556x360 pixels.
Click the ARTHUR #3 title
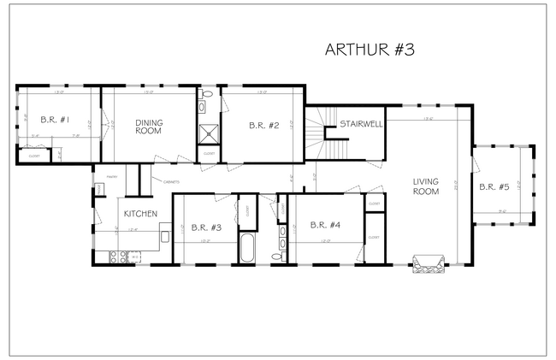click(x=370, y=50)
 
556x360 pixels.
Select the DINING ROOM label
click(x=149, y=127)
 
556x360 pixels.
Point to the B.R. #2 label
click(x=264, y=126)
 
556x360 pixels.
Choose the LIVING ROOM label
click(x=425, y=186)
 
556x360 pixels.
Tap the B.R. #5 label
click(x=494, y=186)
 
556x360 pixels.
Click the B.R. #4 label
click(x=325, y=226)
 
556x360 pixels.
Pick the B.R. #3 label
click(x=207, y=227)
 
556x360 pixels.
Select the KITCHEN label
click(x=139, y=214)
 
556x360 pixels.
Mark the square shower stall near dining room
click(x=208, y=133)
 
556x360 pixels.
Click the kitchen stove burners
click(x=133, y=256)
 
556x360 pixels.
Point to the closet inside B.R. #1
click(x=35, y=156)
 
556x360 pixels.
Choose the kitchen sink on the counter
click(x=112, y=257)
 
